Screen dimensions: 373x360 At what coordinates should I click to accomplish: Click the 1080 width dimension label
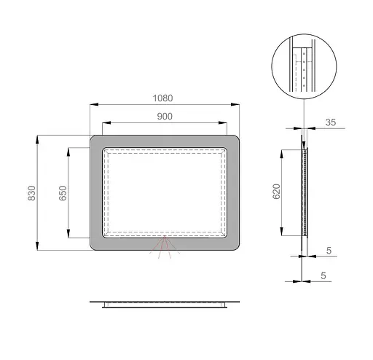pyautogui.click(x=162, y=98)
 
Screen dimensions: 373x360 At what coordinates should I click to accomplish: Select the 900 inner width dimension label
pyautogui.click(x=165, y=117)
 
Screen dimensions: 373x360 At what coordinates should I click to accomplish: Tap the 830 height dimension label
pyautogui.click(x=32, y=193)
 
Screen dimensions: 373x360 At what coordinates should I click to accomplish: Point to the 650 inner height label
pyautogui.click(x=63, y=193)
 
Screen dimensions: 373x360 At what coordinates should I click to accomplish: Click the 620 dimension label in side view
pyautogui.click(x=276, y=192)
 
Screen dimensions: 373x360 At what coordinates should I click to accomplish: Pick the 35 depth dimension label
pyautogui.click(x=331, y=122)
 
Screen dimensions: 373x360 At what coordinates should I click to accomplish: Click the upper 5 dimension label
pyautogui.click(x=329, y=251)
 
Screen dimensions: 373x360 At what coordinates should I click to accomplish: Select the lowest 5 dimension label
pyautogui.click(x=323, y=275)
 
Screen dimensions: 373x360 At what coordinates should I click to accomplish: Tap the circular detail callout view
pyautogui.click(x=304, y=66)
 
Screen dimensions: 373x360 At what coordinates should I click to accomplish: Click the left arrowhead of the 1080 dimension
pyautogui.click(x=94, y=104)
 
